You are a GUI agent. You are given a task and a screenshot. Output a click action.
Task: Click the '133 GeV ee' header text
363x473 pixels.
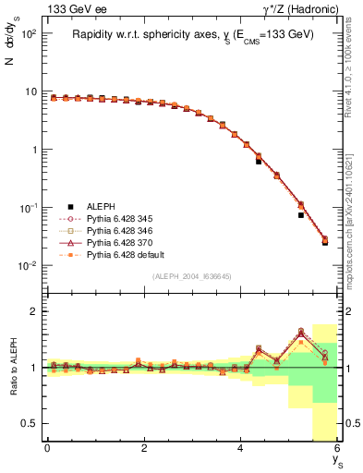tap(72, 9)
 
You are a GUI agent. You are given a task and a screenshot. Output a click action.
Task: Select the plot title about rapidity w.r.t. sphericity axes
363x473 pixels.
tap(193, 35)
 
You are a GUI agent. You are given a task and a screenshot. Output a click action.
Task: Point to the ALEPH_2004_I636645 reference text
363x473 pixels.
tap(192, 276)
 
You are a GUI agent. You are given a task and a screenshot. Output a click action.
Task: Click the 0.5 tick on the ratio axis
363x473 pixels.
tap(32, 423)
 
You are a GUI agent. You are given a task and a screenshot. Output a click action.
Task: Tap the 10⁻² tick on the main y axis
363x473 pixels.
tap(29, 266)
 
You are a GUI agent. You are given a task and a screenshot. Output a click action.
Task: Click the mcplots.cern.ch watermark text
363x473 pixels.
tap(353, 212)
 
